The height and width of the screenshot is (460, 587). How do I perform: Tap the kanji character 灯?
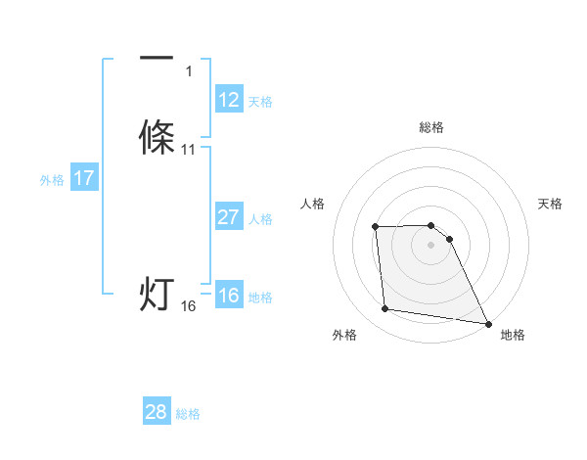click(157, 293)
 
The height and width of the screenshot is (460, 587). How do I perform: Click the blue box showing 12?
click(229, 100)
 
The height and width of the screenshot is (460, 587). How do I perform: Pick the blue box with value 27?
click(228, 217)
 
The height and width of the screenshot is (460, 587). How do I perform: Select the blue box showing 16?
click(228, 296)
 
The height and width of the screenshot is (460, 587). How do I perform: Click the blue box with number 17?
click(83, 178)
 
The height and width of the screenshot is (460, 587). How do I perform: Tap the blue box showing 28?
click(157, 412)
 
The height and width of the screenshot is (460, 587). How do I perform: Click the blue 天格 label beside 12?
click(260, 102)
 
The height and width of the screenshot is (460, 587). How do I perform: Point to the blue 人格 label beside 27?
click(260, 219)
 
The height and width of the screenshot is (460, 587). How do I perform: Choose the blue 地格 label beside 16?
click(260, 298)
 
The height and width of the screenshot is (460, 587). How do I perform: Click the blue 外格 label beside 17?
click(52, 180)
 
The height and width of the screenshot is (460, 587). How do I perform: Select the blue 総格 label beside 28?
click(188, 414)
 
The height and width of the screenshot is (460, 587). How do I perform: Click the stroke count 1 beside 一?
click(188, 70)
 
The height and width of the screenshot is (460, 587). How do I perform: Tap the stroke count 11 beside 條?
click(189, 149)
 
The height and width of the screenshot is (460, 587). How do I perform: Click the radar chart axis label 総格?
click(431, 127)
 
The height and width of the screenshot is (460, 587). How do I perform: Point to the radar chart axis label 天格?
click(551, 204)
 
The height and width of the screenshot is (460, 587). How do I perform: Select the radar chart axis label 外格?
click(344, 335)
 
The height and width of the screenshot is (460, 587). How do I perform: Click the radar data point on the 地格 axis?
click(488, 322)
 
